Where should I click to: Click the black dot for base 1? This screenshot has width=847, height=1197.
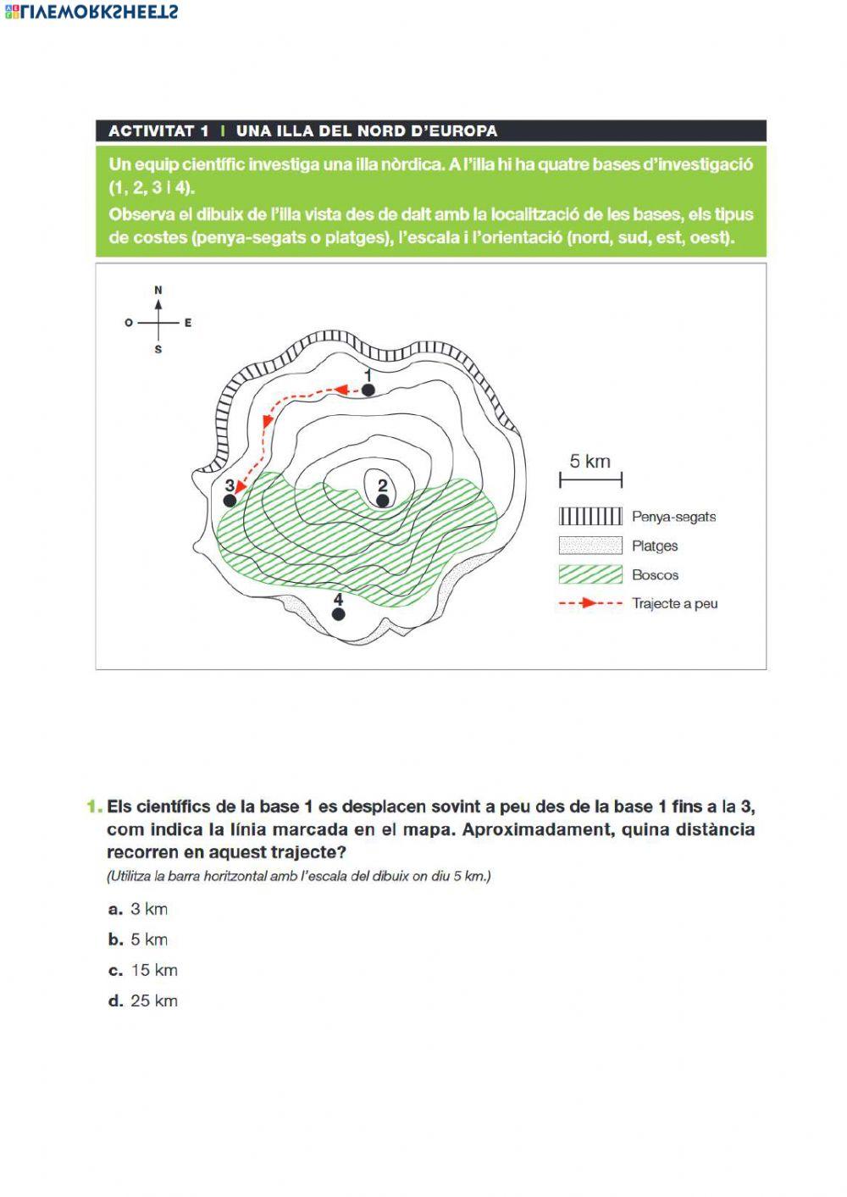[368, 390]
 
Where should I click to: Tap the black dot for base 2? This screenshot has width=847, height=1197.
[383, 501]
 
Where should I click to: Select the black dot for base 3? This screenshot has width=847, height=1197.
[230, 501]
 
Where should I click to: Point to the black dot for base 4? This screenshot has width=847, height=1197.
[339, 614]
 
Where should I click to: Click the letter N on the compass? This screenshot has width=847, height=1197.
[158, 291]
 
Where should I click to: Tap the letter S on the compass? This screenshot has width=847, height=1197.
[158, 349]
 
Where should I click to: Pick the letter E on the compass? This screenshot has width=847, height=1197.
[188, 323]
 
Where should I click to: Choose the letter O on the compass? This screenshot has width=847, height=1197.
[129, 323]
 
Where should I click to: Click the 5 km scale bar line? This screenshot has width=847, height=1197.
[590, 480]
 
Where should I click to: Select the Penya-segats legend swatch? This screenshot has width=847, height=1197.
[590, 517]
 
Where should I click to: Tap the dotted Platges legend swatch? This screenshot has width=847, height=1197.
[590, 546]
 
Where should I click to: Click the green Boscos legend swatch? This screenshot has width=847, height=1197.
[590, 574]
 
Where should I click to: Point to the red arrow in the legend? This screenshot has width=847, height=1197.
[590, 604]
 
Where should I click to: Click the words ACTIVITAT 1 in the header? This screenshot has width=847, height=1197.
[158, 131]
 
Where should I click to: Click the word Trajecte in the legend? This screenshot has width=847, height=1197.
[656, 604]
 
